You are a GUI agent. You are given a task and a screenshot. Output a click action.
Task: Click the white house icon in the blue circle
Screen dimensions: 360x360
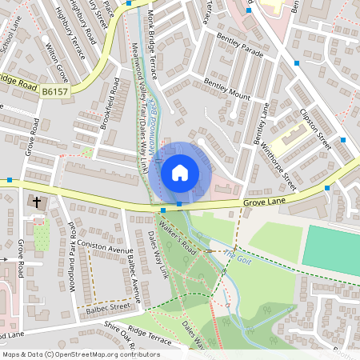coord(180,172)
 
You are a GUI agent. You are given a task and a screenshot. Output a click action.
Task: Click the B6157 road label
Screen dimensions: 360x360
coord(54,93)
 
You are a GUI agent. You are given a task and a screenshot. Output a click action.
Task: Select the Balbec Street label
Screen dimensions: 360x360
coord(109,306)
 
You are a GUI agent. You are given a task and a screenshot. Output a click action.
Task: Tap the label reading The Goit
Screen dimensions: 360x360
coord(236,256)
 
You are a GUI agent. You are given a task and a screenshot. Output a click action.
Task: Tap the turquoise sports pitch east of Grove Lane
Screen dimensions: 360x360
coord(332,250)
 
